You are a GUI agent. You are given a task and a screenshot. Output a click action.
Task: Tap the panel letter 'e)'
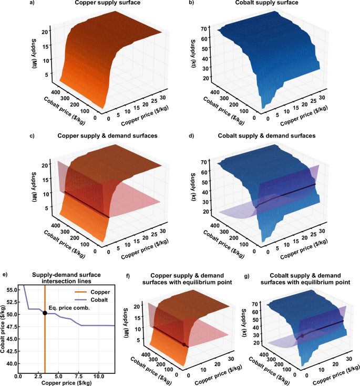pyautogui.click(x=6, y=275)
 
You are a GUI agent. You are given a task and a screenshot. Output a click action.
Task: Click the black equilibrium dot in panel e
pyautogui.click(x=45, y=313)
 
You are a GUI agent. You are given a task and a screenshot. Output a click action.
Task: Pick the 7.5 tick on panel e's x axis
pyautogui.click(x=78, y=377)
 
